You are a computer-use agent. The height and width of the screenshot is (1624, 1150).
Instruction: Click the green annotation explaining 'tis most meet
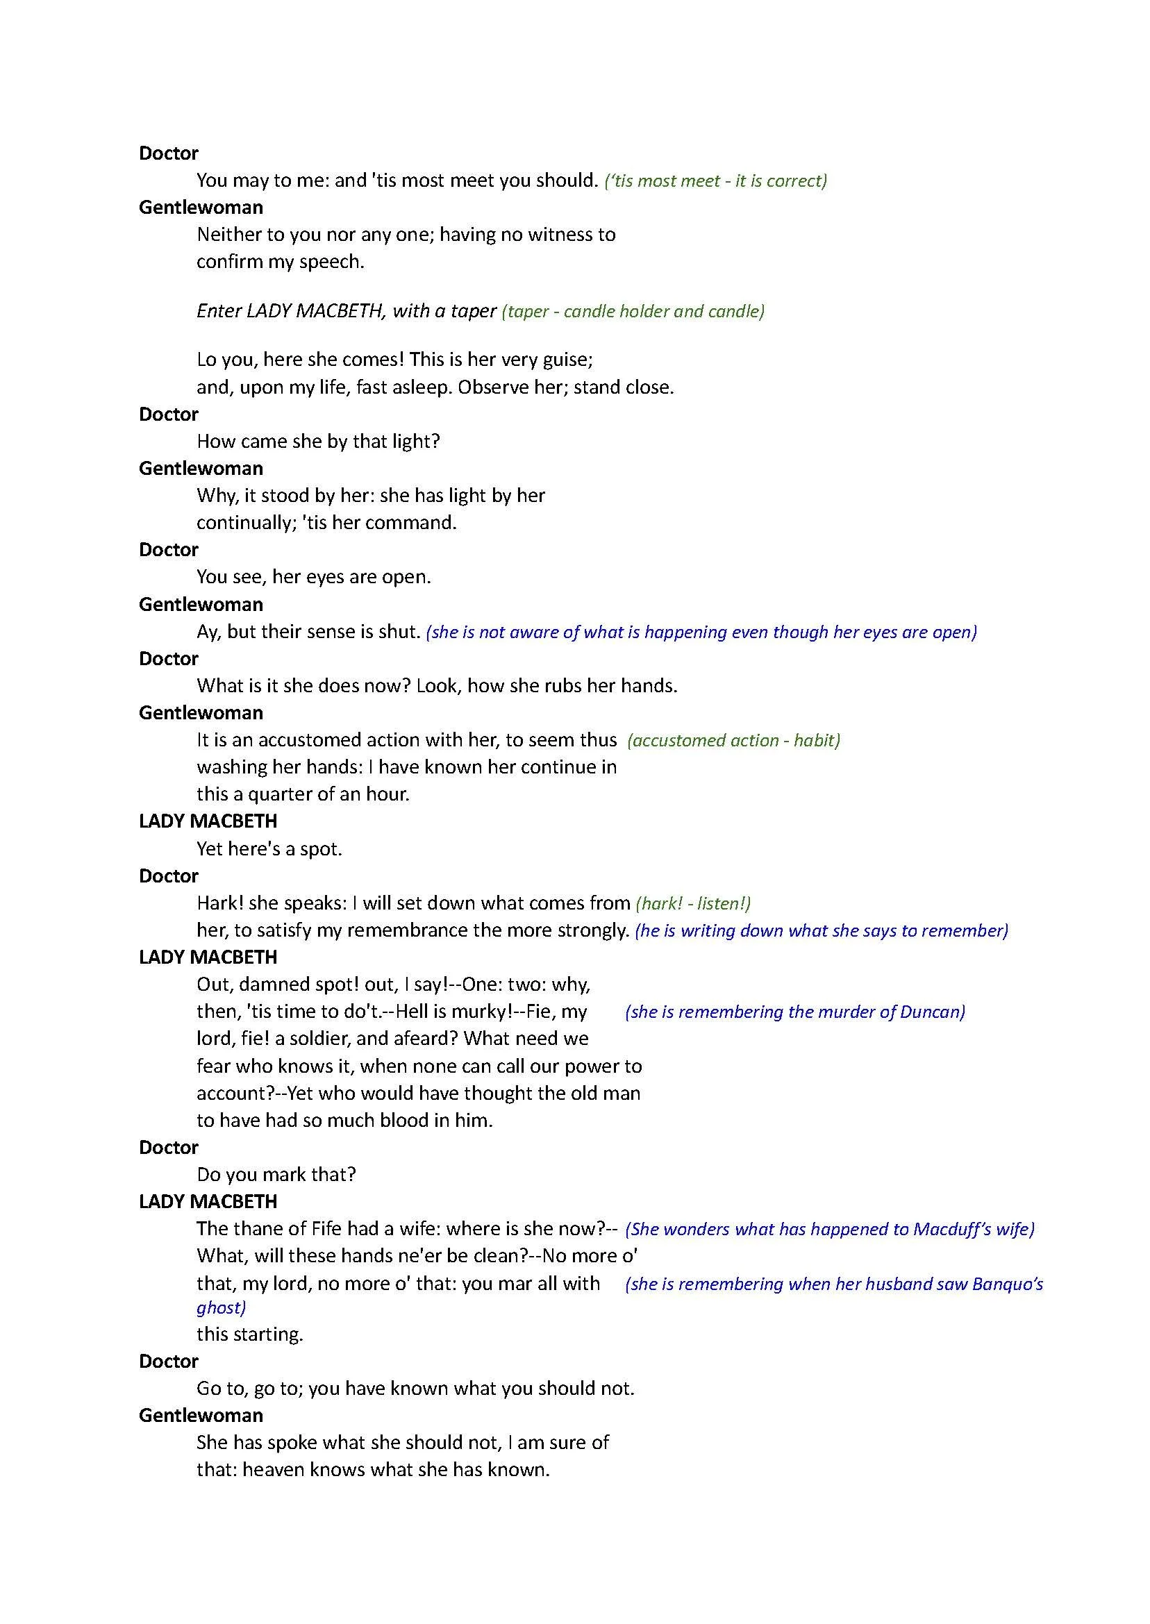click(x=715, y=181)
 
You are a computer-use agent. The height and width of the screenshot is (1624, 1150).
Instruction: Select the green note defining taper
click(x=633, y=312)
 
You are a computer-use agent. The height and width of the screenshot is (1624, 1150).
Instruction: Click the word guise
click(x=567, y=360)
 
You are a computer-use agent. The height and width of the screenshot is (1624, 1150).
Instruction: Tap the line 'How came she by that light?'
click(x=318, y=442)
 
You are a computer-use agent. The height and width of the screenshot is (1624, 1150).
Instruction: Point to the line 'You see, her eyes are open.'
click(x=314, y=577)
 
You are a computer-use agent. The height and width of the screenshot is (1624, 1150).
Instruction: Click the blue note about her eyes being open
click(x=701, y=633)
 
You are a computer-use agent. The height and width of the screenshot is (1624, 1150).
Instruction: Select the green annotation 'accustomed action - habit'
click(x=733, y=741)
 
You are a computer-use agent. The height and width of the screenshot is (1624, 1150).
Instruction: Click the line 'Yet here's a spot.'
click(x=269, y=849)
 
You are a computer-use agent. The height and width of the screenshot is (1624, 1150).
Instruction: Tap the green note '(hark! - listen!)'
click(x=693, y=903)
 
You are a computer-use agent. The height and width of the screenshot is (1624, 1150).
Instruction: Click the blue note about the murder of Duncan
click(x=794, y=1012)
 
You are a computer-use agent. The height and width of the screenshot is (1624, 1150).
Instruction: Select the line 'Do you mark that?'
click(x=276, y=1175)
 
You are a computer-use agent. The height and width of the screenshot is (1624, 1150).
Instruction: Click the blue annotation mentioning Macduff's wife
click(x=829, y=1229)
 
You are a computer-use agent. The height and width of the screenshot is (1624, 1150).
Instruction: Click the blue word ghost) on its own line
click(x=221, y=1307)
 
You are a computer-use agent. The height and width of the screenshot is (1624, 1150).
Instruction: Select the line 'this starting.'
click(x=250, y=1334)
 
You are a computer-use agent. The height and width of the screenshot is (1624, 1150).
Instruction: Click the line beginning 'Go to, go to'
click(x=415, y=1389)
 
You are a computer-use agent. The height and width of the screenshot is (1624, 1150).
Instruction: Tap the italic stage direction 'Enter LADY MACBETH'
click(x=346, y=312)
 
